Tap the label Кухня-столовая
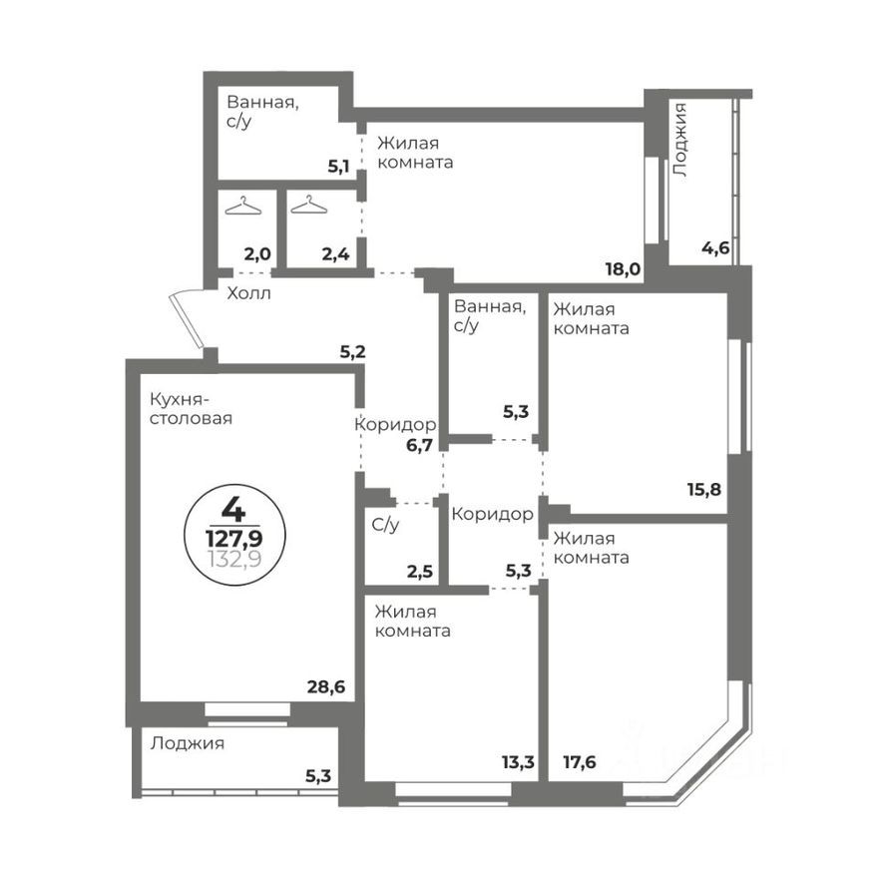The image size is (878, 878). click(191, 408)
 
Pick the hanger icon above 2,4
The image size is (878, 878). click(308, 206)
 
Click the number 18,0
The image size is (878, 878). click(624, 268)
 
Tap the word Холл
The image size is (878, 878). click(248, 293)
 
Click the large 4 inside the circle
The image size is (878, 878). click(233, 510)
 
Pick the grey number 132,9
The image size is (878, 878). click(233, 559)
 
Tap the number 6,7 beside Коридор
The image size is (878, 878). click(420, 445)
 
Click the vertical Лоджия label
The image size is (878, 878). click(680, 140)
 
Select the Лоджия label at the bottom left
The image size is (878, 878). click(188, 743)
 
